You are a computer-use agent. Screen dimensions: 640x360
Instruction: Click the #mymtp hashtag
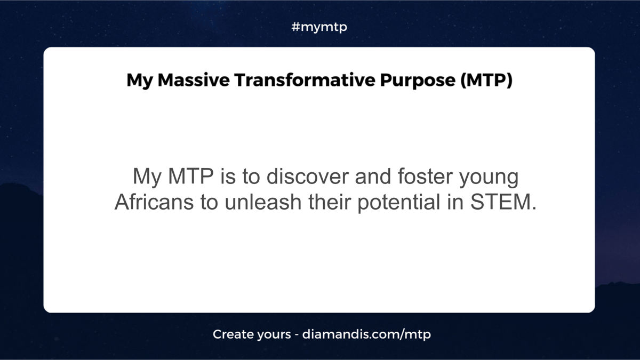coord(319,27)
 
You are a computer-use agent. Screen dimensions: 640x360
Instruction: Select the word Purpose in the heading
coord(418,81)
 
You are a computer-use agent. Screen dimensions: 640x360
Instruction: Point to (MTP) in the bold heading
coord(486,81)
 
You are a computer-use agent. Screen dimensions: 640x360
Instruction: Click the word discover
coord(307,177)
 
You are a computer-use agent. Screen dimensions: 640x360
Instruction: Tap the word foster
coord(425,177)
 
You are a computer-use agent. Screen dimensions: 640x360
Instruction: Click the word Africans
coord(154,202)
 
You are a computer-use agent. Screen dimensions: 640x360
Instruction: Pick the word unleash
coord(263,202)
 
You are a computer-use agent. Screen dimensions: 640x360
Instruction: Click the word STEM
coord(501,202)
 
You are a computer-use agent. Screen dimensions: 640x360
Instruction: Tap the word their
coord(330,202)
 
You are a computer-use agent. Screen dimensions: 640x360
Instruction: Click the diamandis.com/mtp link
coord(366,334)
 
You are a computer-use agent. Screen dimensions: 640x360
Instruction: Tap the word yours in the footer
coord(274,335)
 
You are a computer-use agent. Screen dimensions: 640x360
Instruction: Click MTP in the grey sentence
coord(191,176)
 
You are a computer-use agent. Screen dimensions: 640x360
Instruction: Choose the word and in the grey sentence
coord(373,177)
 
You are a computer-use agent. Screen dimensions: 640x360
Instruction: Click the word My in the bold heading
coord(139,81)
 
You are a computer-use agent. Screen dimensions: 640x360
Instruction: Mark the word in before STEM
coord(455,202)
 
